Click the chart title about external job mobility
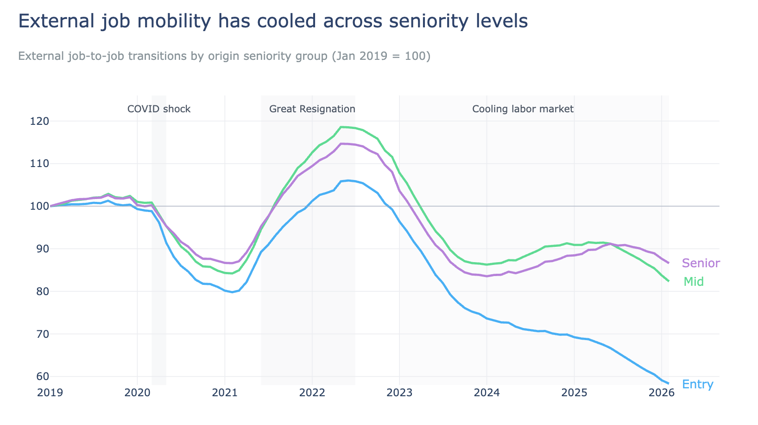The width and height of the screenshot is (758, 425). [x=273, y=22]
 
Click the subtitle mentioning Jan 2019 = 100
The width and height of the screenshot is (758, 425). [x=224, y=56]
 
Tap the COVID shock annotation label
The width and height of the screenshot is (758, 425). [x=159, y=109]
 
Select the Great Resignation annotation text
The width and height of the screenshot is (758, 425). [x=312, y=109]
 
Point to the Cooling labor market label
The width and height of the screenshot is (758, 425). [x=523, y=109]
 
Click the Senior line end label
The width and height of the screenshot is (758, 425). [x=701, y=264]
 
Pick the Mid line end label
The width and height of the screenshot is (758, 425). [x=693, y=282]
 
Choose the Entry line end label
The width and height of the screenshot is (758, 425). [x=697, y=384]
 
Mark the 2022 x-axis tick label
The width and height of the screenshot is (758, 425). [x=312, y=393]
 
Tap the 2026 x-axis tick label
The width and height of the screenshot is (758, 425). [x=661, y=393]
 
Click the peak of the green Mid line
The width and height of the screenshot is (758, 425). [x=341, y=127]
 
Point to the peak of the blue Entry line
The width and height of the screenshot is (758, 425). [x=348, y=180]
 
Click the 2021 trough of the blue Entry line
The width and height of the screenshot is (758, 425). [x=232, y=292]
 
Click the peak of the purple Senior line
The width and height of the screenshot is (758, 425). [x=342, y=144]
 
